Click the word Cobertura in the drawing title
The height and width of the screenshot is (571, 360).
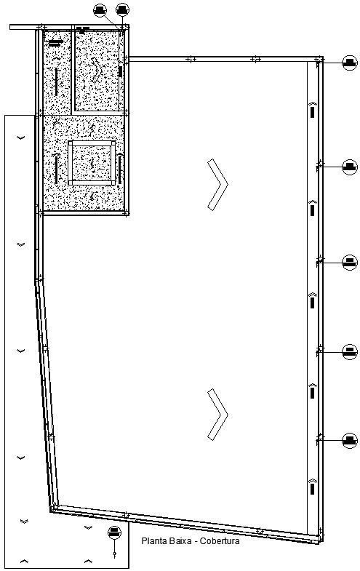click(x=220, y=541)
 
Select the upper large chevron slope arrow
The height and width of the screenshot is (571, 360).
click(x=216, y=184)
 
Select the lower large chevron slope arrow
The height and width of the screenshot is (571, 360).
click(x=216, y=414)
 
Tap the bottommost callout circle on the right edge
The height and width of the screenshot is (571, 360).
click(x=350, y=440)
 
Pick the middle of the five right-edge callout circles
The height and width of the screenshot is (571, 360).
click(x=350, y=261)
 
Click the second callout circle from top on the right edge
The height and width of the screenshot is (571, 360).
click(x=350, y=167)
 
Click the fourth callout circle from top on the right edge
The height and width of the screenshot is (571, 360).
click(x=350, y=352)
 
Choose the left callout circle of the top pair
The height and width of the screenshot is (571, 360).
click(x=100, y=9)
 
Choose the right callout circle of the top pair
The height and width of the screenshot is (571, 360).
click(x=123, y=9)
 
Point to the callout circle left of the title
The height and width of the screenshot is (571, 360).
click(x=114, y=532)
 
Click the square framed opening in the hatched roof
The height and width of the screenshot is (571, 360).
click(x=92, y=163)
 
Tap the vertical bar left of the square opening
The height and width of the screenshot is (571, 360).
click(x=56, y=169)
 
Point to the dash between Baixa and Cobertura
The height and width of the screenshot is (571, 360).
click(x=197, y=541)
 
